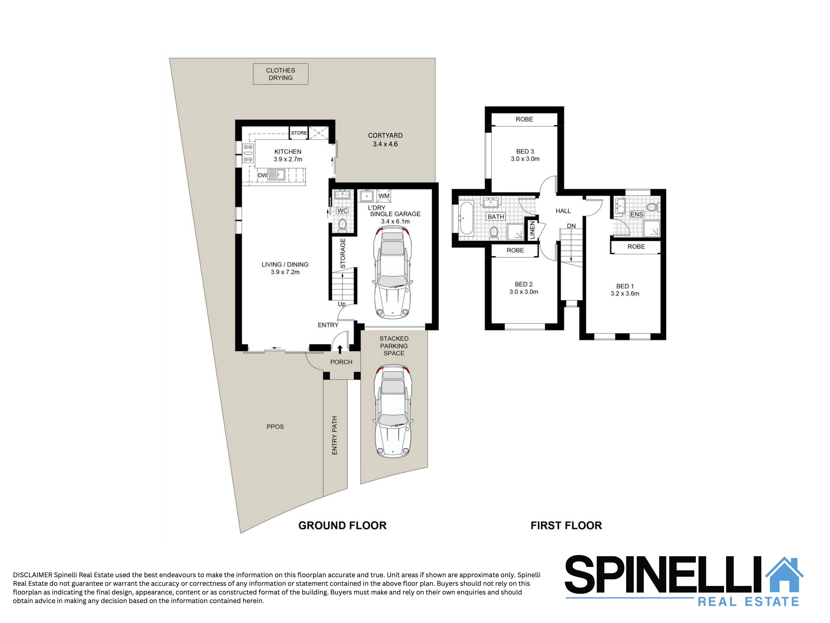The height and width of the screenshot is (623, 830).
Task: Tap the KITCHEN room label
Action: pos(288,152)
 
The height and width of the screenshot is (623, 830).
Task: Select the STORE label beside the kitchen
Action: pos(299,133)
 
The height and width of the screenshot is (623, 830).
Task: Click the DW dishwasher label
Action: pos(262,175)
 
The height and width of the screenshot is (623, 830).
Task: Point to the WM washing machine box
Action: pos(384,196)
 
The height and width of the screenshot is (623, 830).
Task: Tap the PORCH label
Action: pos(341,362)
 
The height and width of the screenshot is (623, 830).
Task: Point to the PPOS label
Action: pos(275,427)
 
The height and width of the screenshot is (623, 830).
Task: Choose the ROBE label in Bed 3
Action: pos(524,119)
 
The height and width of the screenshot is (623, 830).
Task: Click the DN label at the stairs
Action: pos(571,226)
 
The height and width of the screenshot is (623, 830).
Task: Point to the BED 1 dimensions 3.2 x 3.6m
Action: pos(625,294)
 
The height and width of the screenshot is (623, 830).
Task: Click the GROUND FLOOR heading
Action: pos(342,525)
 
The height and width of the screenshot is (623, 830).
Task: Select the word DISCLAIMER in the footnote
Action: pos(33,575)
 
